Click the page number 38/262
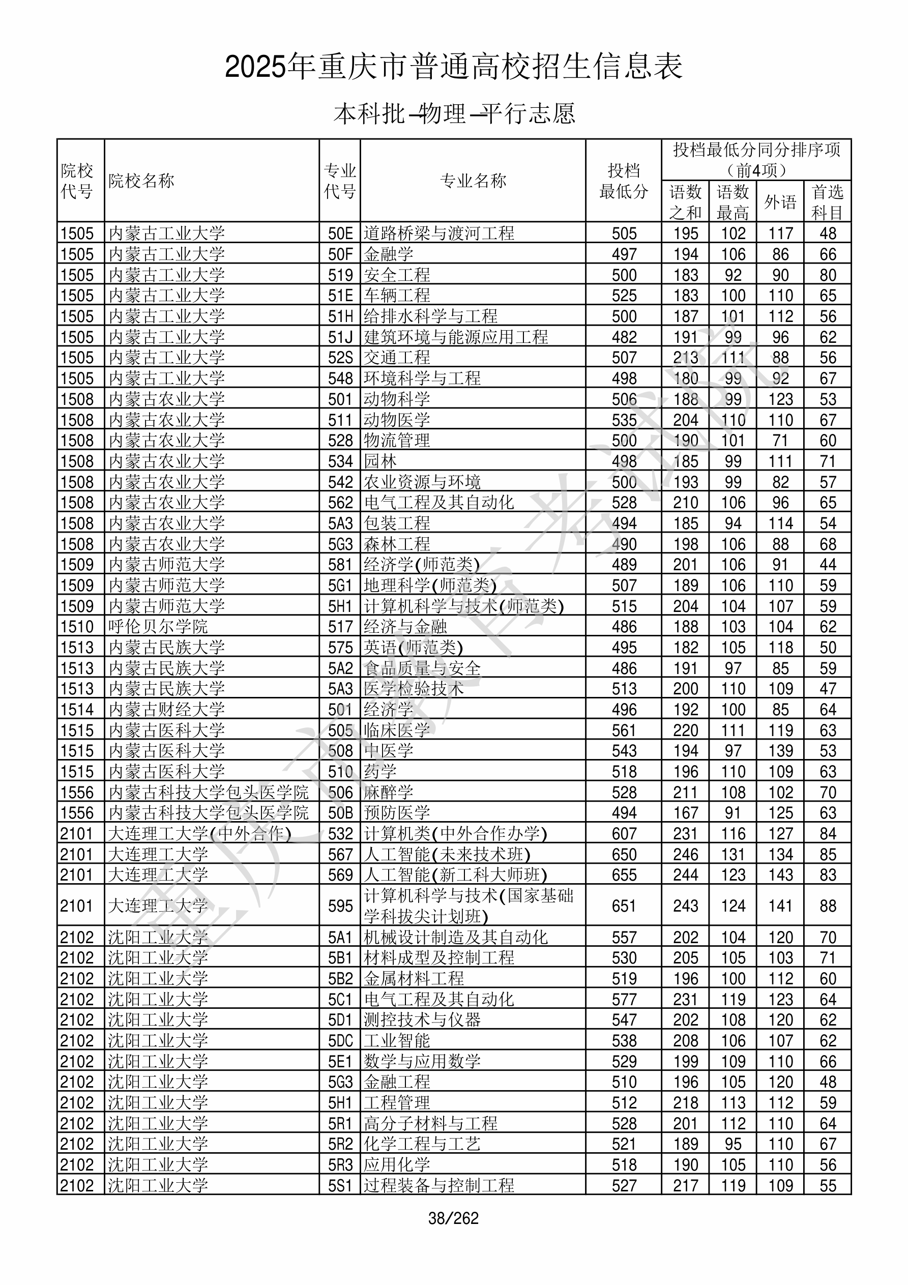click(453, 1218)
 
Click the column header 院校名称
click(141, 181)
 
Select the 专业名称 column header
click(473, 181)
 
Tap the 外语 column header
click(780, 202)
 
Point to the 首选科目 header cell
click(828, 202)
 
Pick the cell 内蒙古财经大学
click(166, 709)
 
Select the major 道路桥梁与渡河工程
click(439, 233)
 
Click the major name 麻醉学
click(389, 792)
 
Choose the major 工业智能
click(397, 1040)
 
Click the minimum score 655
click(624, 875)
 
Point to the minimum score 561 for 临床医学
click(624, 731)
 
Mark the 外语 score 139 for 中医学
click(780, 750)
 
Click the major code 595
click(340, 906)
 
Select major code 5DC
click(340, 1040)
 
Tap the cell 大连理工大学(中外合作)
click(199, 833)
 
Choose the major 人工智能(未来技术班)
click(447, 854)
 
